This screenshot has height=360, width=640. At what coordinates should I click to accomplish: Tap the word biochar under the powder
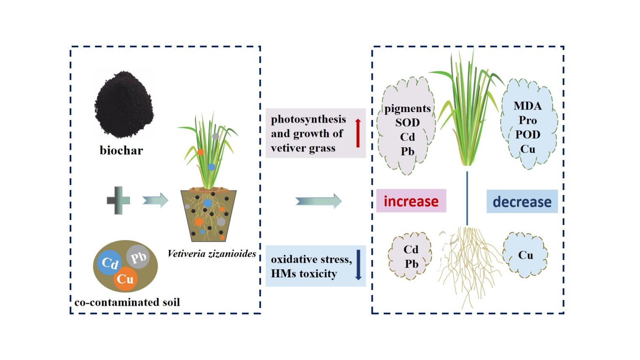coord(121,150)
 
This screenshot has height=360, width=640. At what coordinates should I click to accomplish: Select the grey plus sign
coord(118,201)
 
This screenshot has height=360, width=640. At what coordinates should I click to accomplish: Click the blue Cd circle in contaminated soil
coord(109,263)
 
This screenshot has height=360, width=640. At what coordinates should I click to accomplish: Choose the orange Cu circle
coord(125,279)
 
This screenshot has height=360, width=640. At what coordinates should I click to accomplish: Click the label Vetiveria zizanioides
coord(211,253)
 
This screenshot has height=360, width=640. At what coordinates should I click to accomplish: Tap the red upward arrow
coord(358,133)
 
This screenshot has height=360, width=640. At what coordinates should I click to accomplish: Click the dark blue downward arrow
coord(358,265)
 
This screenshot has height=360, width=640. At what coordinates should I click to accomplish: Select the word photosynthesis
coord(308,119)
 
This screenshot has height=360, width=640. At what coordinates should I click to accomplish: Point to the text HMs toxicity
coord(304,274)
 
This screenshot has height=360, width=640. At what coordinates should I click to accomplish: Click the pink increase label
coord(411,201)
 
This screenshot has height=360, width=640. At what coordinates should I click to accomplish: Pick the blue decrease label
coord(522,201)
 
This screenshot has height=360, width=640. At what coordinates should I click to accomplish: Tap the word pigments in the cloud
coord(407,108)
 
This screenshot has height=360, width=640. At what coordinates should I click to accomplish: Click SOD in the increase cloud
coord(407,123)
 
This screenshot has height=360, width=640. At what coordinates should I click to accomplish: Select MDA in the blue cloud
coord(527,106)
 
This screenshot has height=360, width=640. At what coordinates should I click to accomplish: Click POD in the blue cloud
coord(527,134)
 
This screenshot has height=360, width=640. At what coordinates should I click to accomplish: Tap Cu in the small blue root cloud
coord(525,255)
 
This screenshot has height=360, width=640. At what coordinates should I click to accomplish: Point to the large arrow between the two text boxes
coord(319,201)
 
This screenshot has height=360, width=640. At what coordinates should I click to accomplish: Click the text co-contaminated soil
coord(127,302)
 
